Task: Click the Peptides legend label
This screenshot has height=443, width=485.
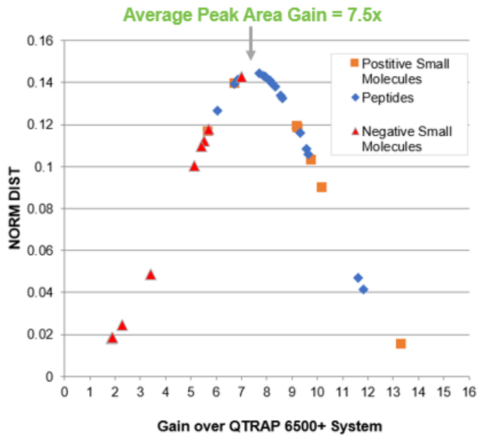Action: pyautogui.click(x=388, y=98)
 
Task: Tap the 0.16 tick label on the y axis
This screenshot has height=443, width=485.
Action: pyautogui.click(x=43, y=41)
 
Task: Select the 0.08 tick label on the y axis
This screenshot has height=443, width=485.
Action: pyautogui.click(x=43, y=208)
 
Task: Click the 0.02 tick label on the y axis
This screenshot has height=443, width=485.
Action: pyautogui.click(x=43, y=334)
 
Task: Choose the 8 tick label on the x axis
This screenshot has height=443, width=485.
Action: pyautogui.click(x=266, y=391)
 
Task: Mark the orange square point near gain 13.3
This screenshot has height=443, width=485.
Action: pyautogui.click(x=401, y=343)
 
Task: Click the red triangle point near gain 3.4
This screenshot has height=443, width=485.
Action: pyautogui.click(x=151, y=275)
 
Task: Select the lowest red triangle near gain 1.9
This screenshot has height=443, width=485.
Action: pyautogui.click(x=112, y=338)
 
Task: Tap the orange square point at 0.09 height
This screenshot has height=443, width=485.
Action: pyautogui.click(x=321, y=187)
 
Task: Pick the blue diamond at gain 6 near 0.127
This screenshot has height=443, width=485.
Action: pyautogui.click(x=217, y=111)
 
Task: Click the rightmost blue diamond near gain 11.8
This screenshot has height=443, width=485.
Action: pyautogui.click(x=363, y=289)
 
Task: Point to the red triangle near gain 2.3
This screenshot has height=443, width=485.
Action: pyautogui.click(x=122, y=325)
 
